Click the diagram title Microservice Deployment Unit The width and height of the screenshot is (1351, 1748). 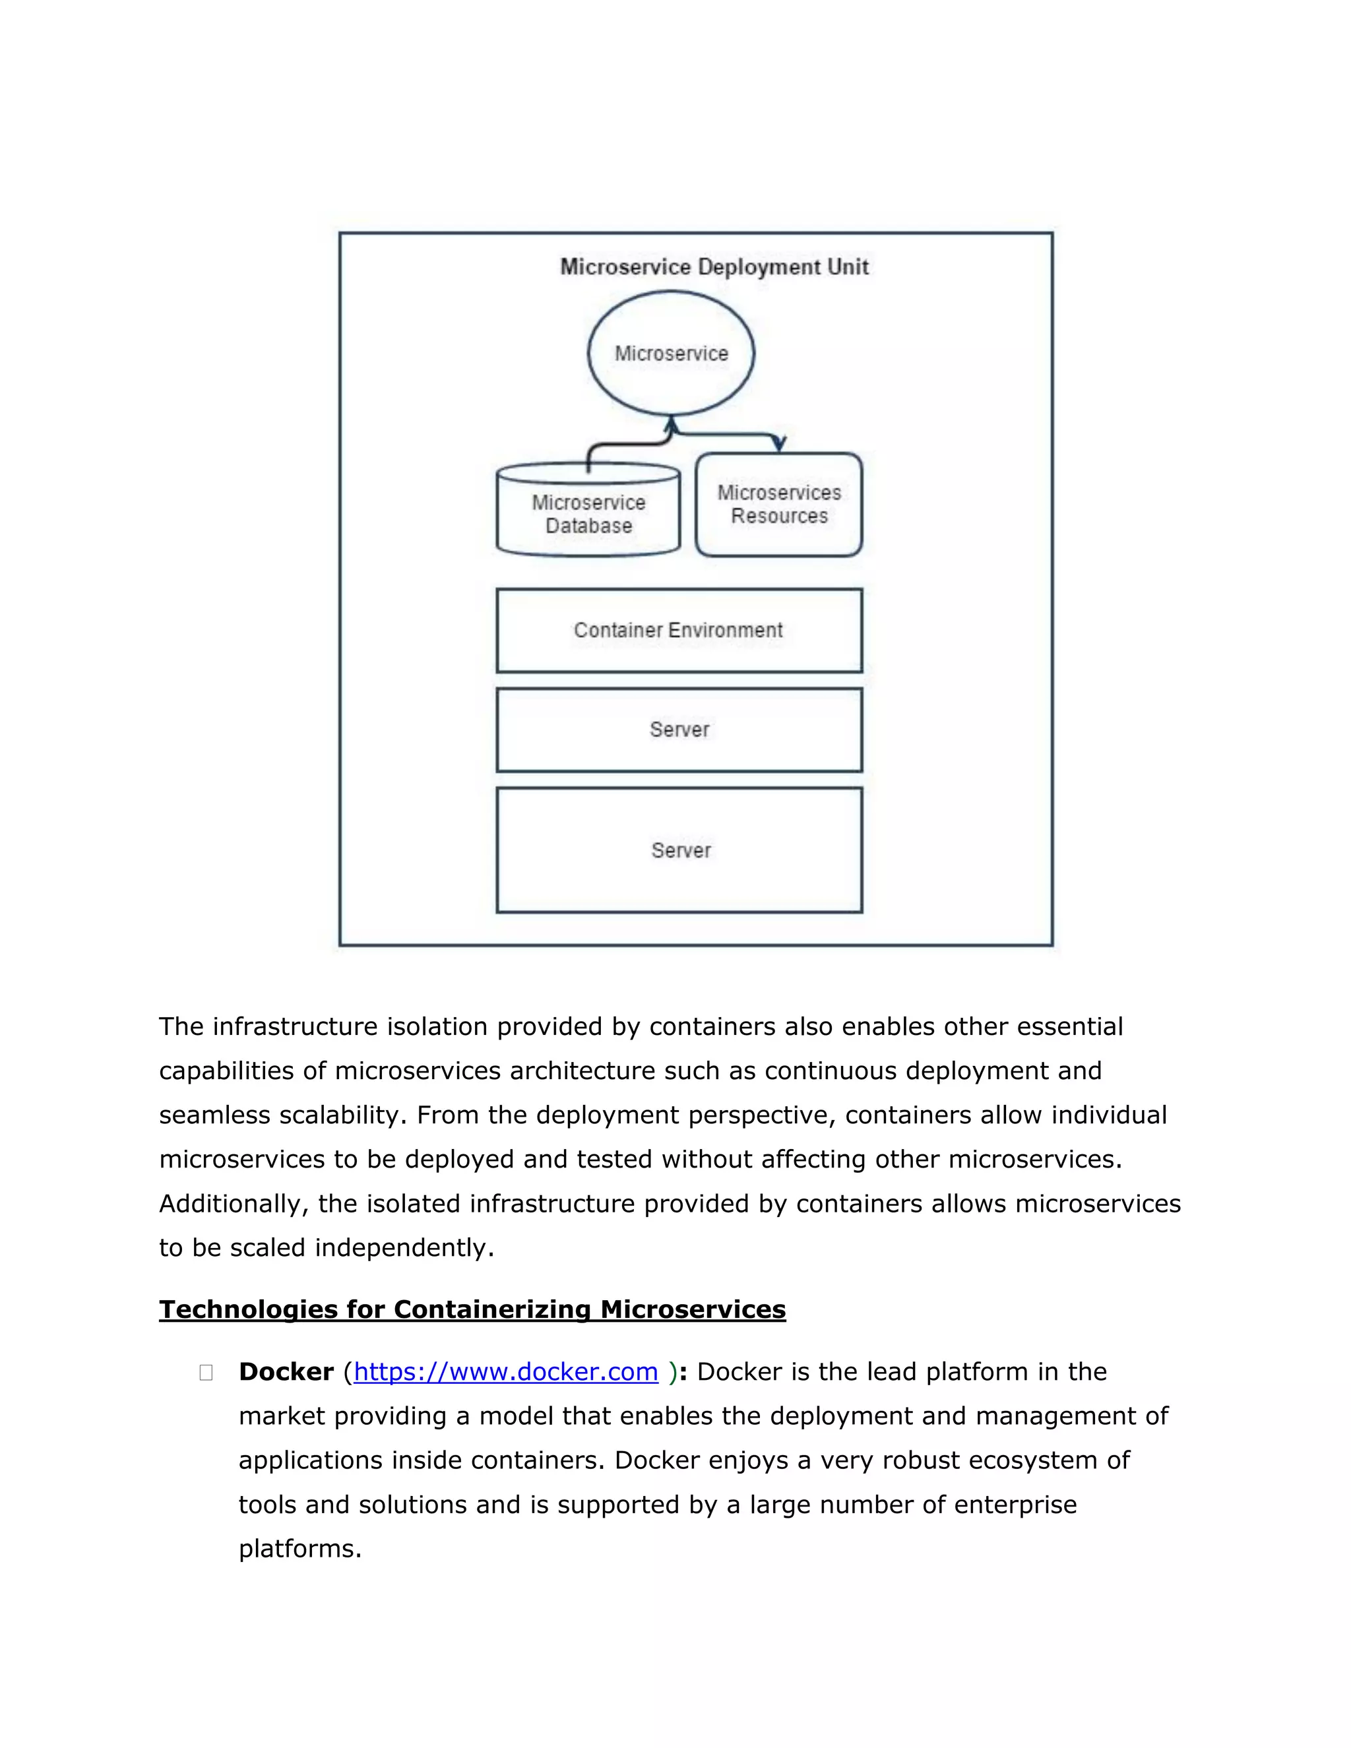tap(714, 266)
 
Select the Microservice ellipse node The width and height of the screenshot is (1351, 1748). tap(671, 353)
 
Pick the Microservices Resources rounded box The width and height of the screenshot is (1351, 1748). tap(779, 504)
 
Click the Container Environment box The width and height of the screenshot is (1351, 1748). tap(679, 630)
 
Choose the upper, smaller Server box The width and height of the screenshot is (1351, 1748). tap(679, 729)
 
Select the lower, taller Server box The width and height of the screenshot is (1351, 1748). tap(679, 850)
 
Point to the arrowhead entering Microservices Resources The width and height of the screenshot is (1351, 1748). tap(780, 444)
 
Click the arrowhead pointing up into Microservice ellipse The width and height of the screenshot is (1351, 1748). tap(672, 423)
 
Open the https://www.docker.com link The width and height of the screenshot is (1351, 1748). tap(505, 1371)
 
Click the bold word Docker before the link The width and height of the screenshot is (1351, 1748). tap(286, 1371)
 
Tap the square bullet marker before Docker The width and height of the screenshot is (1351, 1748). tap(206, 1373)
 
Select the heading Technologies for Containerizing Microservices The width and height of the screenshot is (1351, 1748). tap(472, 1309)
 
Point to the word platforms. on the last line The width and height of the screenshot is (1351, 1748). tap(300, 1548)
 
